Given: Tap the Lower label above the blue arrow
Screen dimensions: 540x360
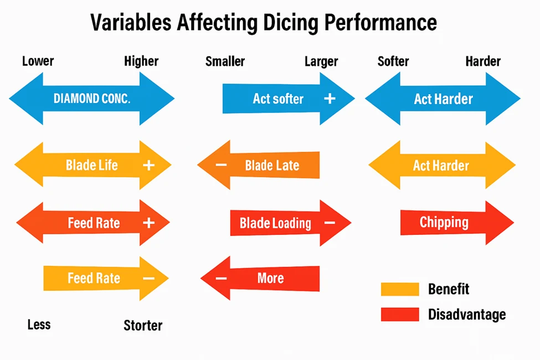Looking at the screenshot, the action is (38, 61).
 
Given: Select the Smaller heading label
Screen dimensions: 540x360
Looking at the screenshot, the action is (225, 61).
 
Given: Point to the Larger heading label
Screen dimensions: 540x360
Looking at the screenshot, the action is (321, 62).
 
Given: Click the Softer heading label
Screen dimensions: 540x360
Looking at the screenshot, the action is (393, 61).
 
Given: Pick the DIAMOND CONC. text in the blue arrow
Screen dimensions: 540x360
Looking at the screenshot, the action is (92, 99).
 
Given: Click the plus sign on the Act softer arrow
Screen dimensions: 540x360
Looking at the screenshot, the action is (330, 99).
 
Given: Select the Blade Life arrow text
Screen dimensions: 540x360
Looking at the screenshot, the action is (92, 166).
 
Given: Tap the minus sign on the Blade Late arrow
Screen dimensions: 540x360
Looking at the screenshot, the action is (221, 165).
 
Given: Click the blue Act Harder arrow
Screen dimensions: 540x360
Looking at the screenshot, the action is (443, 99).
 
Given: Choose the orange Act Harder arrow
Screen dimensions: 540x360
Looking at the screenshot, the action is (442, 166).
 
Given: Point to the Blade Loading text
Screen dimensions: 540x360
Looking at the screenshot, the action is (275, 223).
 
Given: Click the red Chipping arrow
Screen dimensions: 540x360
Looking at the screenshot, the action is (457, 223).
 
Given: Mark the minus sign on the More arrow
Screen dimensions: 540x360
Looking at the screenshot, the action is (221, 279).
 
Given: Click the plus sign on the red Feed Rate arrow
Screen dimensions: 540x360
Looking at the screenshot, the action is (149, 223).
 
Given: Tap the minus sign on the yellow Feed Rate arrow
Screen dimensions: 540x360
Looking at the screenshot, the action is (149, 279).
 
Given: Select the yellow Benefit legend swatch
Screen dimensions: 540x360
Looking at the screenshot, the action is (400, 289).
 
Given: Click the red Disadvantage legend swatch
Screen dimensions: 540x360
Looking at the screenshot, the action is (400, 315).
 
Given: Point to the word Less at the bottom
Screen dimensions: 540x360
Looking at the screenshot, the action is (39, 325).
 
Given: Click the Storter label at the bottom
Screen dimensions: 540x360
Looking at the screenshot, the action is (143, 326).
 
